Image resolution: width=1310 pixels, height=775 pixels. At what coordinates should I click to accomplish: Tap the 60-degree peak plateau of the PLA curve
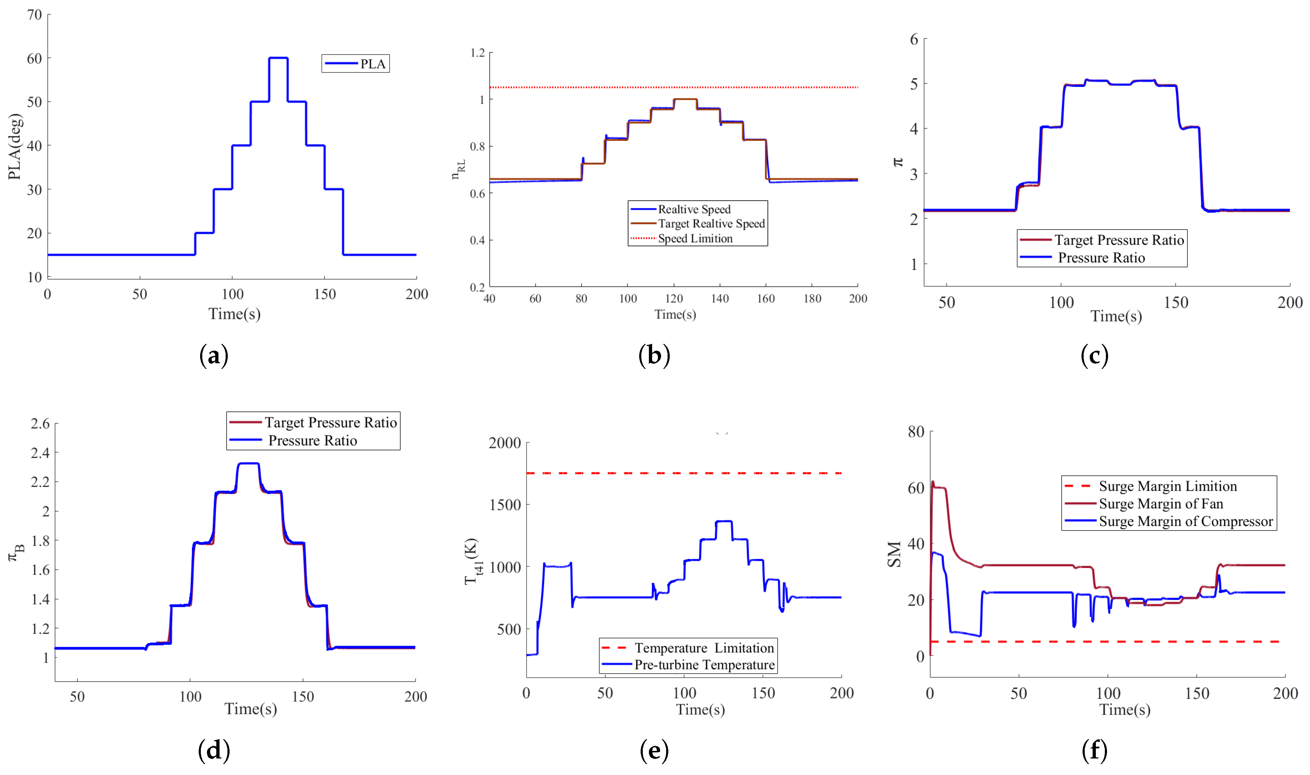tap(278, 58)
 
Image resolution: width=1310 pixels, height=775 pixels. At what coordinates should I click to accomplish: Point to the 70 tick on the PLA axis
tap(34, 15)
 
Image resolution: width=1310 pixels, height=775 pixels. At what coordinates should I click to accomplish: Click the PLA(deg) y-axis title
tap(15, 146)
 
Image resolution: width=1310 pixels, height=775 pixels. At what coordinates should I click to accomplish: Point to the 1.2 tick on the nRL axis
tap(477, 53)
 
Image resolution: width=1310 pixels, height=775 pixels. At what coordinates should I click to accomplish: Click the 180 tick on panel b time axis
tap(812, 299)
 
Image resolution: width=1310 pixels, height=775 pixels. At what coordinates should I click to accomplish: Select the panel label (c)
tap(1094, 356)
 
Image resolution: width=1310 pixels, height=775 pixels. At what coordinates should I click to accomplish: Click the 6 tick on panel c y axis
tap(914, 39)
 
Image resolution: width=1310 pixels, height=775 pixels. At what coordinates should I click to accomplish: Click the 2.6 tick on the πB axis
tap(40, 424)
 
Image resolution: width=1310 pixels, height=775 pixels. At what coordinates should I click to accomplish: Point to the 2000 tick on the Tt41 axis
tap(504, 443)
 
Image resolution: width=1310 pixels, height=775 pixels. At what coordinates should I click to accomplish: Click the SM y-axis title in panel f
tap(894, 555)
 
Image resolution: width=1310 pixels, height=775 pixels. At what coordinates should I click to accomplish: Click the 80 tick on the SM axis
tap(916, 432)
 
